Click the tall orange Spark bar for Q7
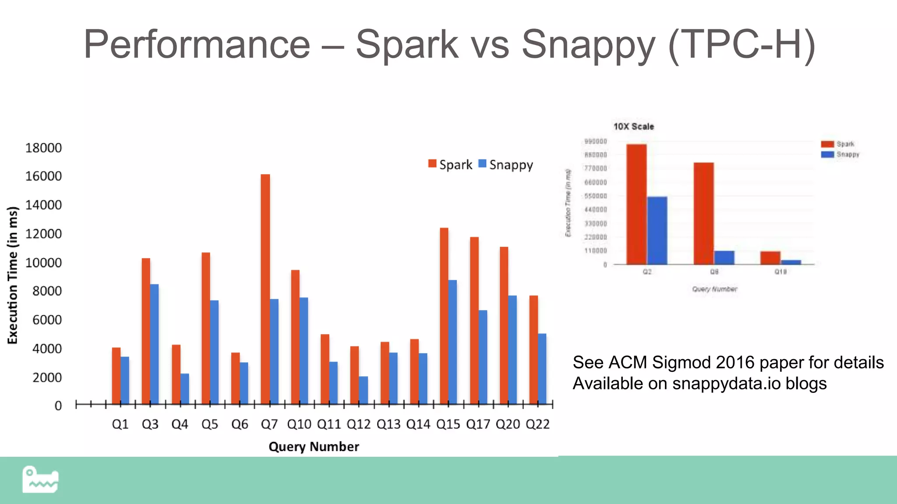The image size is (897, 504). [x=265, y=289]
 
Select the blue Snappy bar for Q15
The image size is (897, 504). [x=452, y=342]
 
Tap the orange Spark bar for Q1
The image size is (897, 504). [x=116, y=375]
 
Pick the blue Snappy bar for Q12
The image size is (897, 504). [x=363, y=390]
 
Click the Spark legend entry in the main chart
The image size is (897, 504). [x=450, y=165]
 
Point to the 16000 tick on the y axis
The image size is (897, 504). [x=43, y=176]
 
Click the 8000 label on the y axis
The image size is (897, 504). [x=47, y=291]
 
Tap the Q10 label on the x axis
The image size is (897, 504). [x=299, y=424]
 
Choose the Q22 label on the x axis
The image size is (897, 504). [x=537, y=424]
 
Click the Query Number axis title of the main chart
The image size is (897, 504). [x=314, y=447]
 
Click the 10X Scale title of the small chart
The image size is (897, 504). [x=633, y=126]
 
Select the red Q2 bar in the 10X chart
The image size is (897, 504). [x=636, y=204]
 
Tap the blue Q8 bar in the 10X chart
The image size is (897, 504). [x=724, y=258]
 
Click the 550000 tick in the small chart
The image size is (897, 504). [x=596, y=196]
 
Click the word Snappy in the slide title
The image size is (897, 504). [x=588, y=44]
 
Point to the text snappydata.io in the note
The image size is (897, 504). [x=726, y=384]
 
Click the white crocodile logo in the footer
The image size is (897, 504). [x=40, y=480]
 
